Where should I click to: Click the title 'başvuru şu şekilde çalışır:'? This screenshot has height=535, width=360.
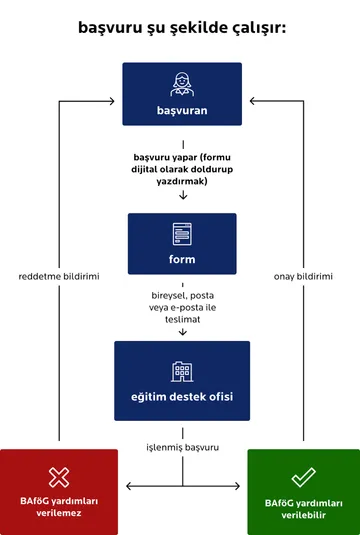tap(181, 28)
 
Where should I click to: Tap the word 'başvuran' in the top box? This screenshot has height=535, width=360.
tap(181, 110)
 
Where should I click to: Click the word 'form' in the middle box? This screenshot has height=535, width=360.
tap(181, 260)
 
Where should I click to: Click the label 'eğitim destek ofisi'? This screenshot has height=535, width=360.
tap(181, 397)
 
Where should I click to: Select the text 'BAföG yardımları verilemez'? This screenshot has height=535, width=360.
tap(59, 506)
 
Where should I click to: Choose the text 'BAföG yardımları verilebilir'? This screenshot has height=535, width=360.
tap(302, 506)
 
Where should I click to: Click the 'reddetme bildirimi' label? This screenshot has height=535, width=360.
tap(59, 276)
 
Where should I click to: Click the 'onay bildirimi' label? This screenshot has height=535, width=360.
tap(302, 276)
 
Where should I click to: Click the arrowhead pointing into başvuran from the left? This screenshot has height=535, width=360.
tap(117, 101)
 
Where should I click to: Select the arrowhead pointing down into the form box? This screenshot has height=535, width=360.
tap(181, 196)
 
